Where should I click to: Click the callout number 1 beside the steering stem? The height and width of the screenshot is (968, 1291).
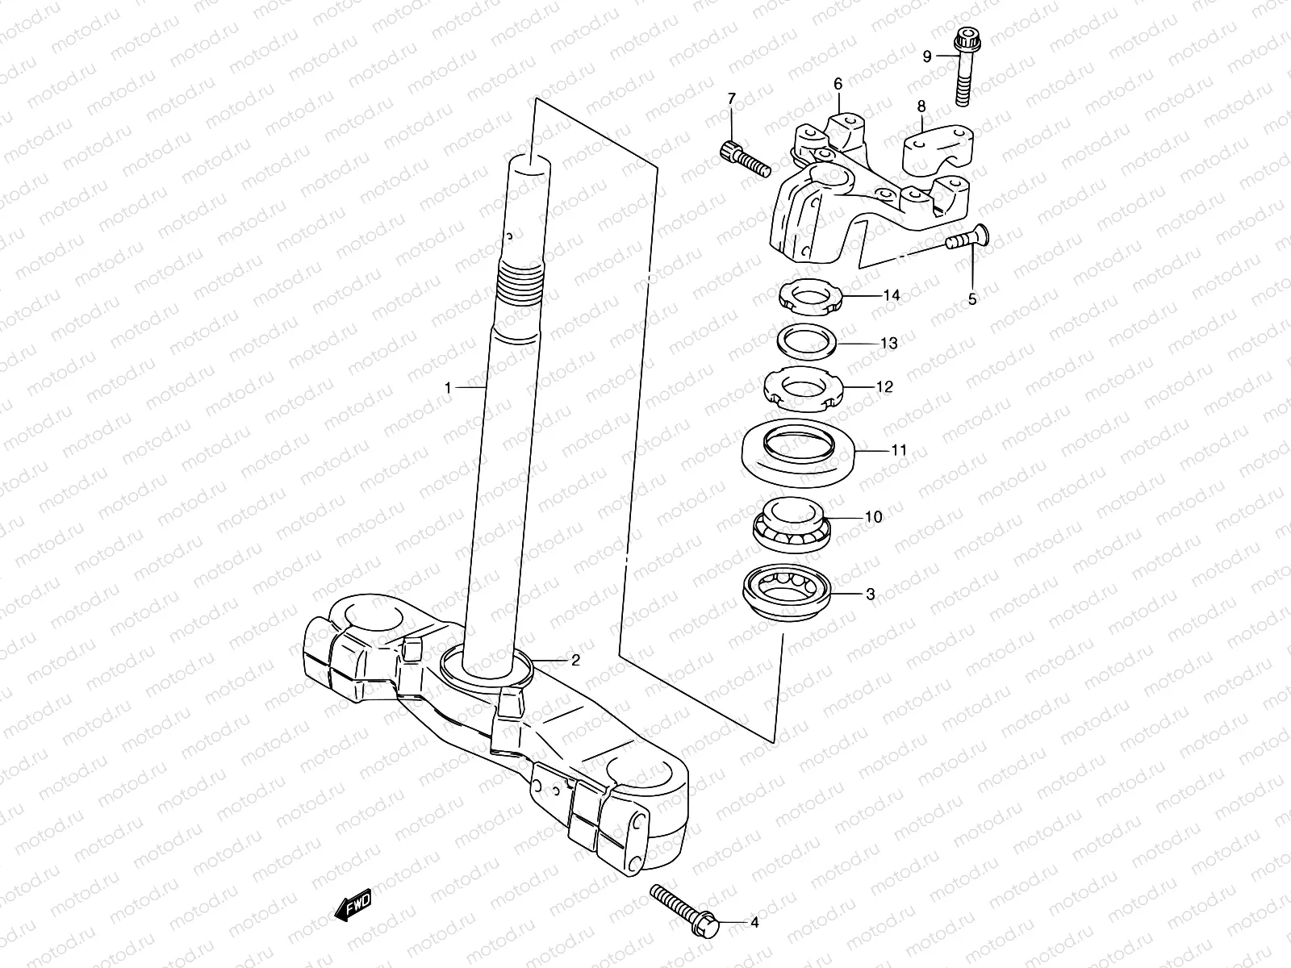[448, 388]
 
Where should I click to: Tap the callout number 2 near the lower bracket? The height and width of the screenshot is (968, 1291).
[575, 661]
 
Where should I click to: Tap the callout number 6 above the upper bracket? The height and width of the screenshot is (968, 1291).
[838, 84]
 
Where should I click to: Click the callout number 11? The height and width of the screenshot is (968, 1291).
[899, 450]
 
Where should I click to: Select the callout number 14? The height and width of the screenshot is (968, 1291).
[891, 295]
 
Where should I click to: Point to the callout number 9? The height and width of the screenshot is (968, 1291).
[927, 56]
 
